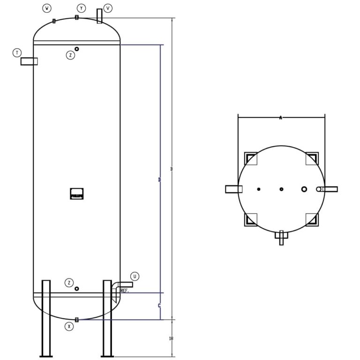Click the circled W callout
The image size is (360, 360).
coord(47,8)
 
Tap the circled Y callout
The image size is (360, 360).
coord(82,8)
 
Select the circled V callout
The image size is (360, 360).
coord(108,8)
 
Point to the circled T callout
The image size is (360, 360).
coord(17,53)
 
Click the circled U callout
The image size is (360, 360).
coord(135,277)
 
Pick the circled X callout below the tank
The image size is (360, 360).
coord(69,326)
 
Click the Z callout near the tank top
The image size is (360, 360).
coord(70,55)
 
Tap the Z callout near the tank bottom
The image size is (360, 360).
coord(69,283)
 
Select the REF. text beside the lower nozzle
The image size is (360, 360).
coord(125,291)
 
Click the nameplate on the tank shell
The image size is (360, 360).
coord(77,194)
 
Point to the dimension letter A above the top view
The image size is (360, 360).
coord(281,118)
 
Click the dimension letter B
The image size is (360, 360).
coord(172,169)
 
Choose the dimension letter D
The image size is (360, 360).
coord(160,180)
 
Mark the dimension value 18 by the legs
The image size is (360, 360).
coord(171,338)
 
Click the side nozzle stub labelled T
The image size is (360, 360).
coord(29,61)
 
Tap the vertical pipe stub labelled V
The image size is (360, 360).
coord(99,16)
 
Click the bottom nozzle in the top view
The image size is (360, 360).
coord(281,237)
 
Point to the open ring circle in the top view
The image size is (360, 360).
coord(304,189)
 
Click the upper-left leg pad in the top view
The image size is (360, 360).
coord(251,158)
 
